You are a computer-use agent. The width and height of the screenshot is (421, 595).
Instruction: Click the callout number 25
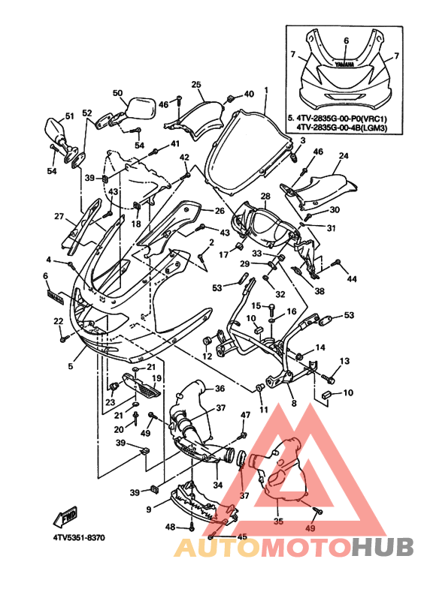click(x=196, y=84)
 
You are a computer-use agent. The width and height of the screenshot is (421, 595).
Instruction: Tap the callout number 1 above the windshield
click(x=266, y=90)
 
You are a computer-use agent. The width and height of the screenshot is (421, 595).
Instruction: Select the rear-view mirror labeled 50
click(x=140, y=107)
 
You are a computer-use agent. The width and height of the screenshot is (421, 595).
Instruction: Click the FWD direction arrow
click(x=66, y=516)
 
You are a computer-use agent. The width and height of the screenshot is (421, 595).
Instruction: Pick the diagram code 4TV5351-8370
click(x=79, y=538)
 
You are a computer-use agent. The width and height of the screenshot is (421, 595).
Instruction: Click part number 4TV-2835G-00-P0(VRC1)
click(x=341, y=118)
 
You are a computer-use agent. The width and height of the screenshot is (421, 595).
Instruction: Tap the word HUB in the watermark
click(x=382, y=547)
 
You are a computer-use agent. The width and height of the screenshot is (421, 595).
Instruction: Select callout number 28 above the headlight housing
click(x=265, y=196)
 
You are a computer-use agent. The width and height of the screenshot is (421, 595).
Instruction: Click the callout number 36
click(x=220, y=389)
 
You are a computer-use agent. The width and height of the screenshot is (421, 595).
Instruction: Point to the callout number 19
click(x=156, y=378)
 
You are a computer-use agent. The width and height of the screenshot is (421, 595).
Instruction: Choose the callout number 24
click(x=344, y=155)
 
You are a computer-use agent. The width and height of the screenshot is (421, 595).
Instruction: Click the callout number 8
click(x=294, y=404)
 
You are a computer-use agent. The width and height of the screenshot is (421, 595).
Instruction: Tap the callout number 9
click(x=149, y=509)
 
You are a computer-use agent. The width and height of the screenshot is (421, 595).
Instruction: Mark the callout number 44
click(x=352, y=279)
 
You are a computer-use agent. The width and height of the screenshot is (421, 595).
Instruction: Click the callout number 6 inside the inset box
click(x=346, y=41)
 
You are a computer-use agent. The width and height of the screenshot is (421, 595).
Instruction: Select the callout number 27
click(x=59, y=216)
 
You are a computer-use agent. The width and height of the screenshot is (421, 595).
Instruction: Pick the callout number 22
click(x=58, y=321)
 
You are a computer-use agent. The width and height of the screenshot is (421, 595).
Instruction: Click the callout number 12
click(x=207, y=356)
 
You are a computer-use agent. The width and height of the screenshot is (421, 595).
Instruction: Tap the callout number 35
click(x=278, y=521)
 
